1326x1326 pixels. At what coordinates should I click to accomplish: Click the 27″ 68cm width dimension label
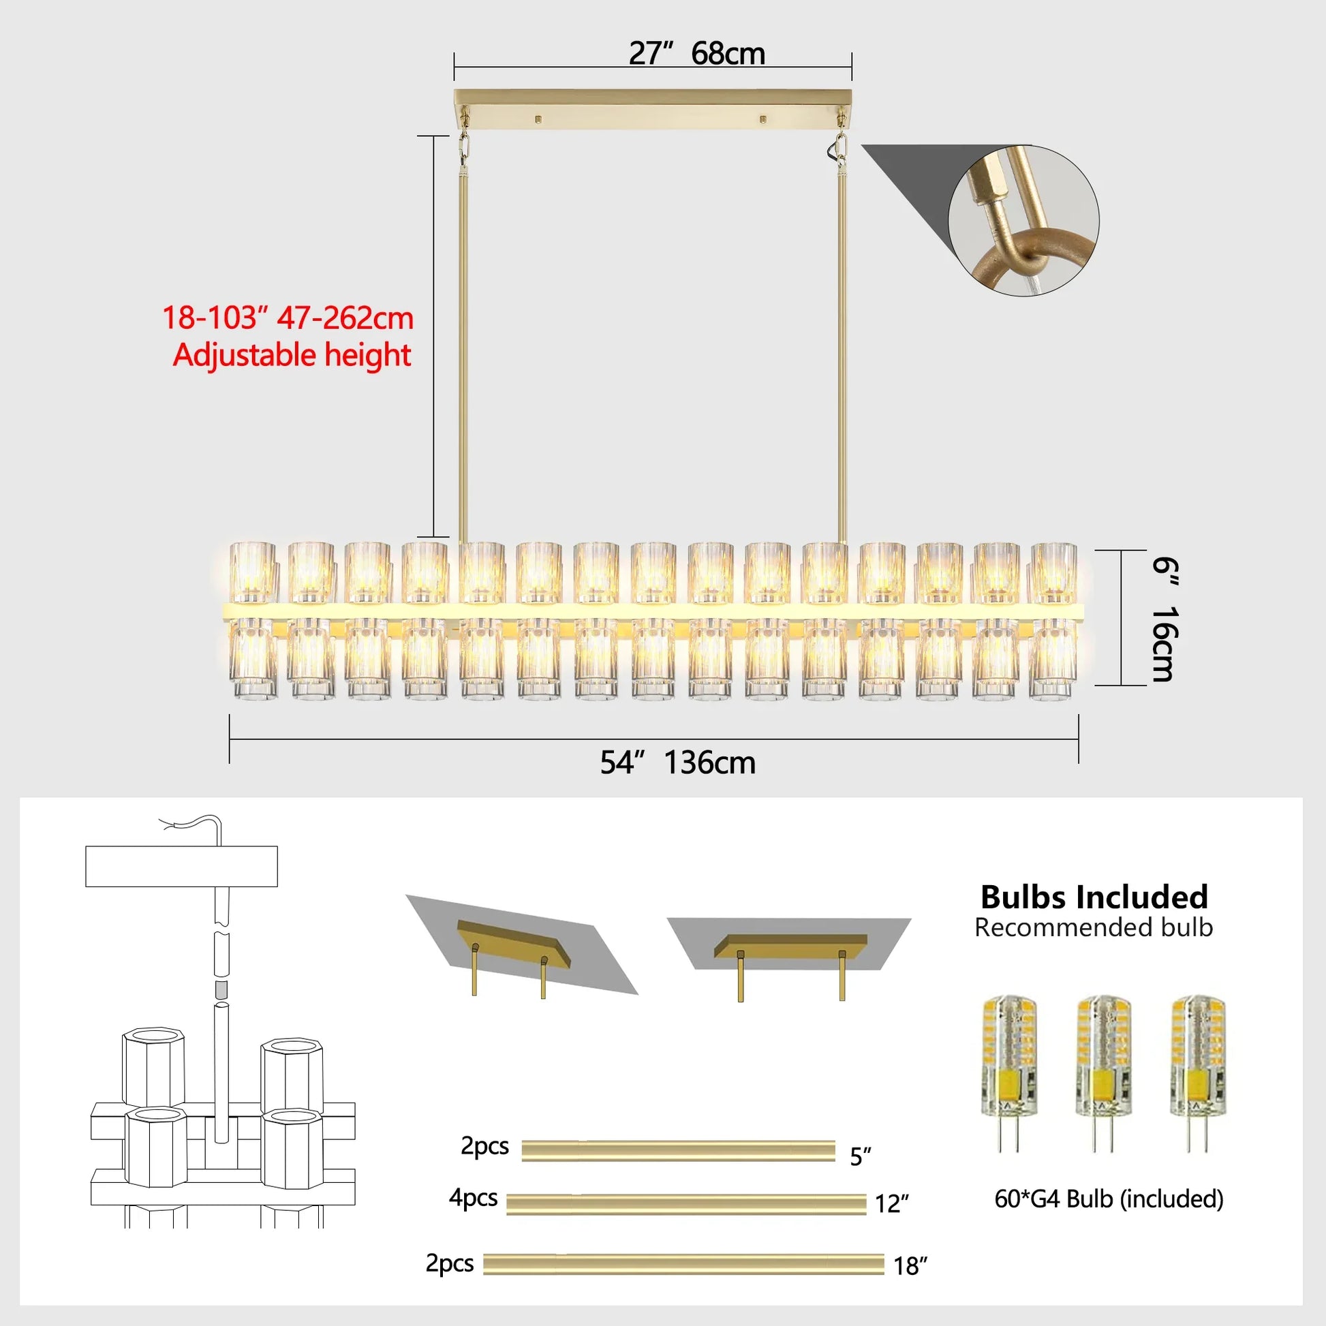click(x=696, y=54)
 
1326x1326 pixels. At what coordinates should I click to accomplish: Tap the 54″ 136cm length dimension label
click(x=677, y=762)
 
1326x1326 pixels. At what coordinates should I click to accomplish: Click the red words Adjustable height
click(x=292, y=356)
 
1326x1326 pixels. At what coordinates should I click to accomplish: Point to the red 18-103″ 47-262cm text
click(x=288, y=318)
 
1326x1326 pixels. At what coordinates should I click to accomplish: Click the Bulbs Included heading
click(x=1094, y=897)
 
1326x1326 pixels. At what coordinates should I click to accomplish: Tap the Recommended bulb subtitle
click(x=1094, y=928)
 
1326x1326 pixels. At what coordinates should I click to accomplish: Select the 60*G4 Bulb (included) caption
click(x=1109, y=1199)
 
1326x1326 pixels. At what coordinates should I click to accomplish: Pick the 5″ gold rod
click(x=678, y=1151)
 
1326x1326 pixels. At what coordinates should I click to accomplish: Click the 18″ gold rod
click(x=683, y=1264)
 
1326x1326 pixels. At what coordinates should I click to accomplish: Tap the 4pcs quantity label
click(x=473, y=1197)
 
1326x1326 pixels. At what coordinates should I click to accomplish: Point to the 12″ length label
click(x=891, y=1203)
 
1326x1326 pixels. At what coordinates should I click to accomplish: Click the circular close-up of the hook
click(x=1023, y=220)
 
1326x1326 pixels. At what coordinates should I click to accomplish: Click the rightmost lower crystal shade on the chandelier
click(x=1052, y=658)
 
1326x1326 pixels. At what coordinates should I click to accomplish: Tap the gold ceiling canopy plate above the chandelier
click(x=653, y=108)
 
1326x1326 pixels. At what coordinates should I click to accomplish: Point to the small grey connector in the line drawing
click(x=221, y=989)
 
